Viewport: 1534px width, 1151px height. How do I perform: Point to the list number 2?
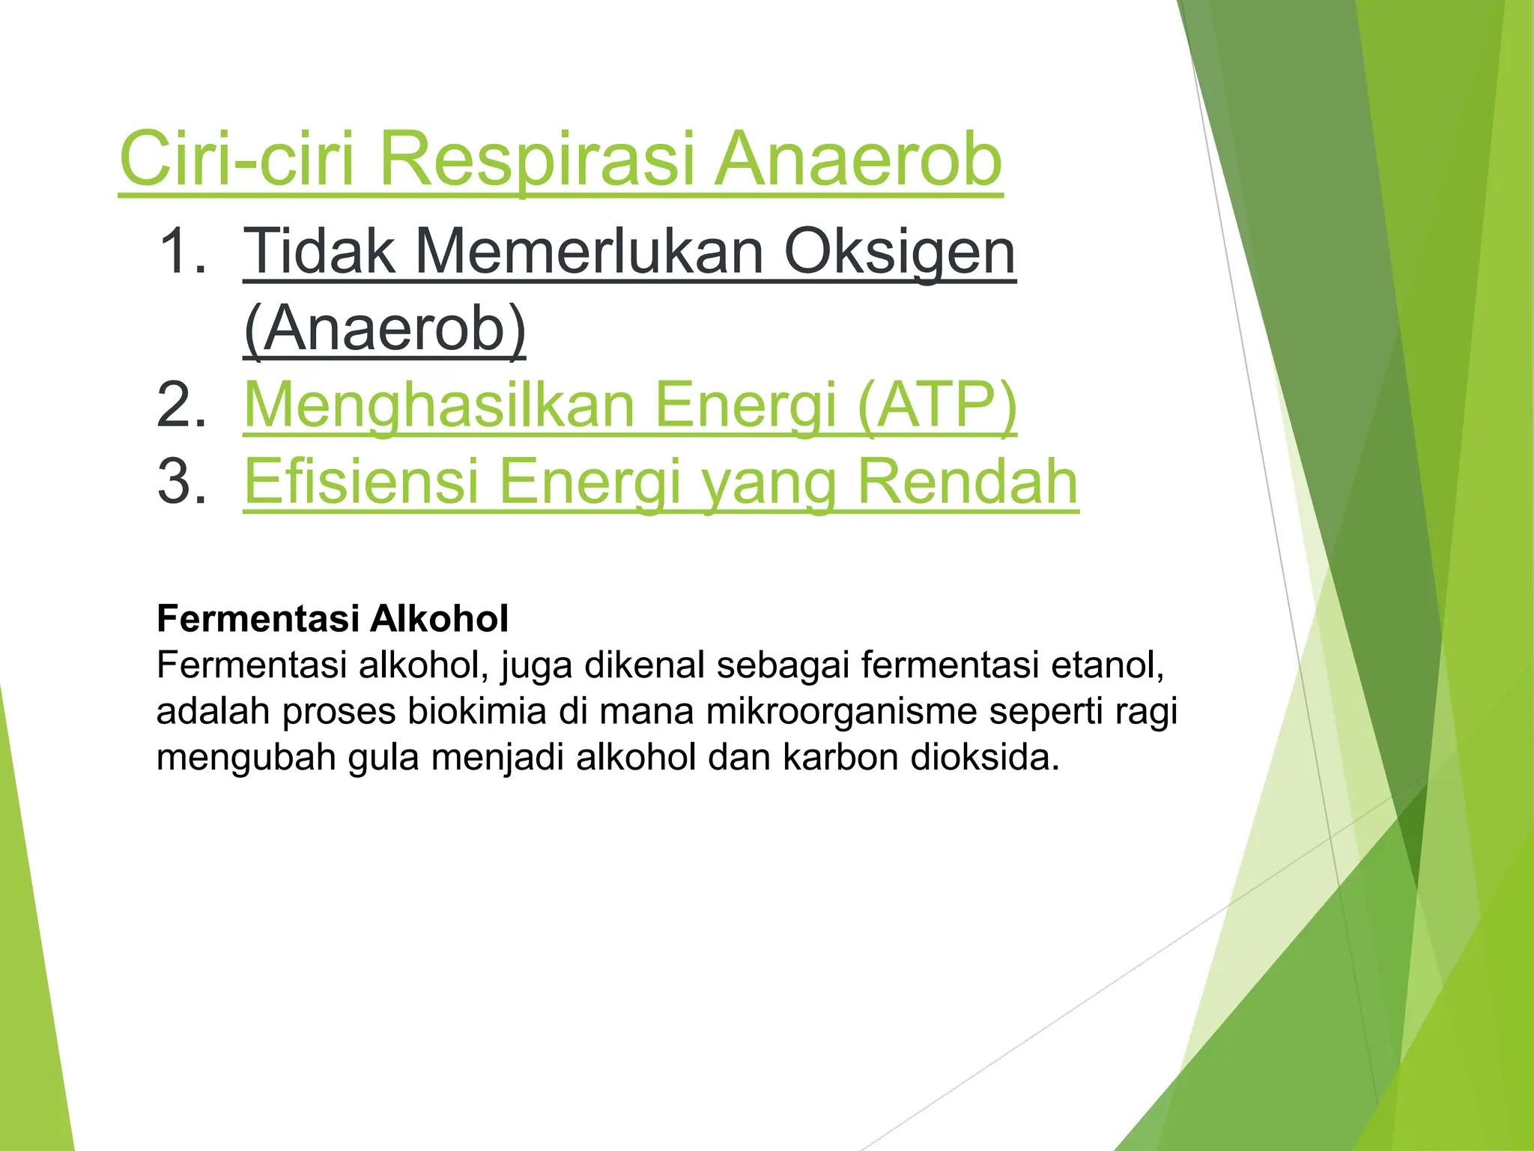[181, 405]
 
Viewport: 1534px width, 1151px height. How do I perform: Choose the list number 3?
[181, 481]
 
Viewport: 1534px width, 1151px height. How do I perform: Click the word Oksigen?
[900, 253]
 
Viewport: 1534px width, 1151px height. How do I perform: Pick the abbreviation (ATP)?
[936, 405]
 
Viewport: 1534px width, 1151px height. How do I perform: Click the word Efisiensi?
[361, 481]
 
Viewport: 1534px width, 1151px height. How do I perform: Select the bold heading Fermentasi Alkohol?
[333, 619]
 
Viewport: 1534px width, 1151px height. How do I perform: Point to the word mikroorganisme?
[841, 711]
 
